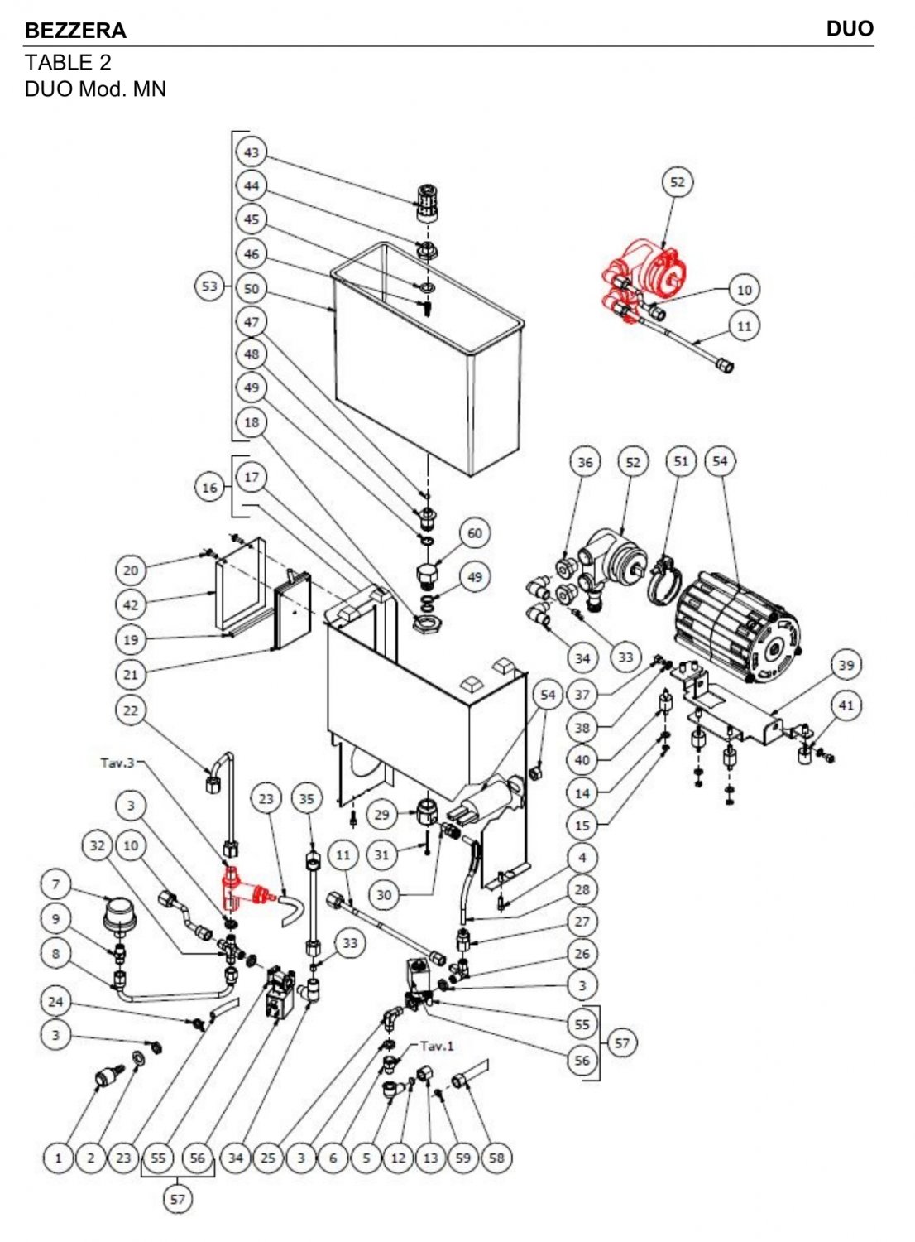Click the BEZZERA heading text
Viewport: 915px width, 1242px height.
click(x=75, y=31)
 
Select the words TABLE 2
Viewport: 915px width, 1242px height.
click(x=68, y=62)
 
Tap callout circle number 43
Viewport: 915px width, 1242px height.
click(x=252, y=152)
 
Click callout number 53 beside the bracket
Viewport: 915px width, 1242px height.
click(x=210, y=286)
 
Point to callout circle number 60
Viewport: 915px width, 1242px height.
click(x=474, y=533)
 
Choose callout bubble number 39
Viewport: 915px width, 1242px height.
click(x=846, y=665)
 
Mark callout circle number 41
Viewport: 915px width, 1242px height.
click(x=846, y=706)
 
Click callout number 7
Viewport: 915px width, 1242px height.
click(x=56, y=884)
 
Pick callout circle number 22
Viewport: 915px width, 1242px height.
click(x=131, y=710)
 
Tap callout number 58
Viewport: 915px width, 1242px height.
click(x=496, y=1158)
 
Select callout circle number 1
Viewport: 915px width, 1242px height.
click(x=58, y=1158)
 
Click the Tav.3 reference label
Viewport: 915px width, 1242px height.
click(x=117, y=762)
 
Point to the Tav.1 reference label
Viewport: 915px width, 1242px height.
click(x=437, y=1046)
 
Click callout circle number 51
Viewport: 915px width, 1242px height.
click(x=681, y=461)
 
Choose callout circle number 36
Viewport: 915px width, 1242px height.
click(x=586, y=462)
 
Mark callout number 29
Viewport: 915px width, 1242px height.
click(x=381, y=815)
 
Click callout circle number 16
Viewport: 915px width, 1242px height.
click(x=210, y=488)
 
